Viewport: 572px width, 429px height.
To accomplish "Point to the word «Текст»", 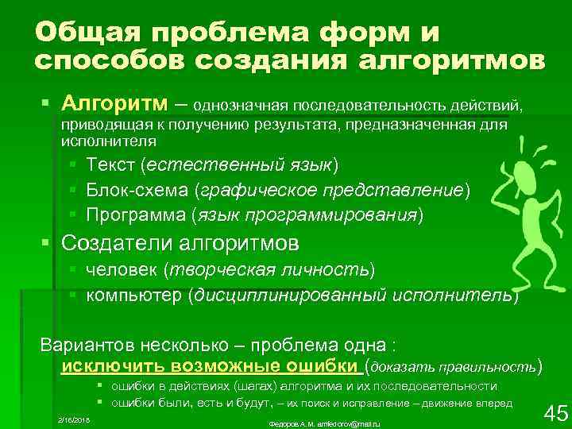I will coord(110,164).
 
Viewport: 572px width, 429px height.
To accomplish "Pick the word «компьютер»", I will coord(133,295).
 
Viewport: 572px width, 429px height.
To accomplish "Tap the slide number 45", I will coord(554,413).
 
